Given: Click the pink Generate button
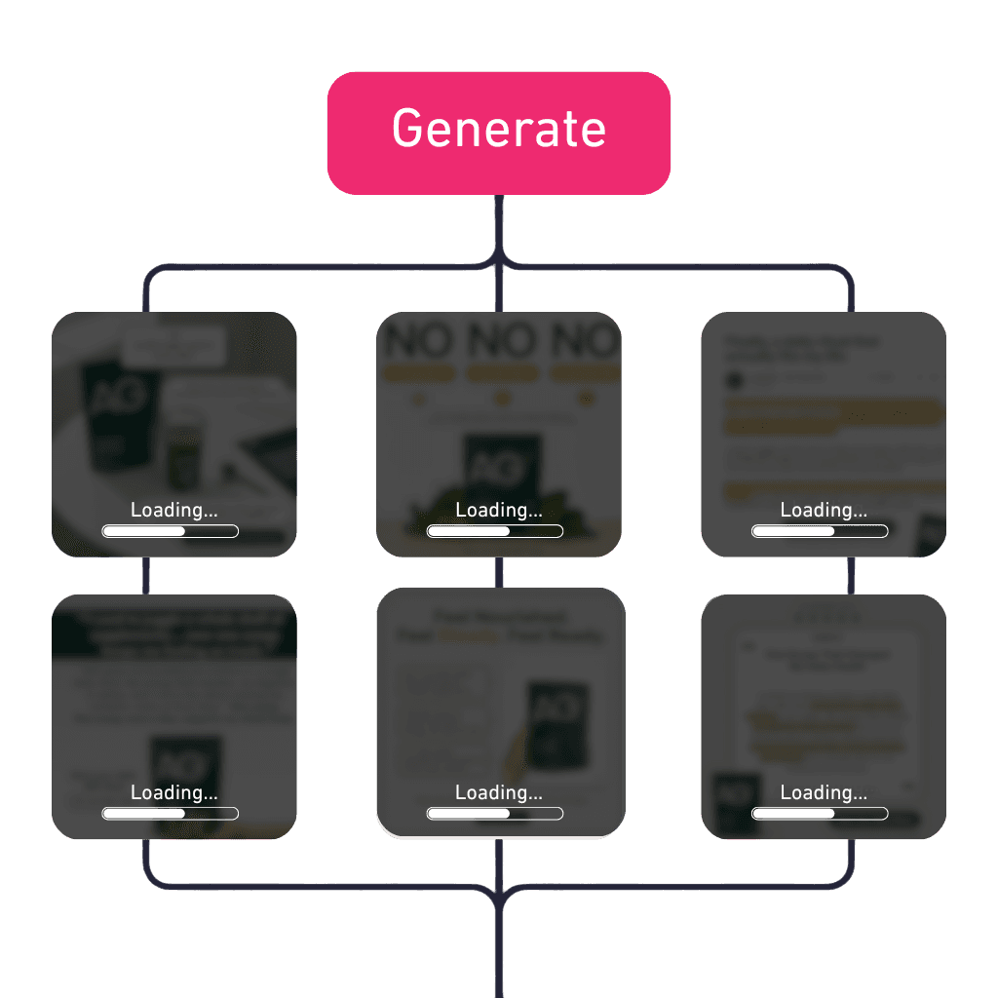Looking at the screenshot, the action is (x=498, y=133).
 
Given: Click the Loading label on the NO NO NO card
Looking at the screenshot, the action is (x=498, y=510).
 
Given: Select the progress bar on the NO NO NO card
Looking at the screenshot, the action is (x=495, y=531).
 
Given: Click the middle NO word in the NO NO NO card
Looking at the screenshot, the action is (x=499, y=340).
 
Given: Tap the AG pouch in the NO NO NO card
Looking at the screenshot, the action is (x=501, y=467).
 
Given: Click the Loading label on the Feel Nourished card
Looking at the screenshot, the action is (x=498, y=792).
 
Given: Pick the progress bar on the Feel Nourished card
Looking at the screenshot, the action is (x=495, y=814).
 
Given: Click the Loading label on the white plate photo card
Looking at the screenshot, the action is (x=173, y=510).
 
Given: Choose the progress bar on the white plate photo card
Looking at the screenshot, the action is (x=171, y=531).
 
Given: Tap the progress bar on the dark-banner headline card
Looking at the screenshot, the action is (x=171, y=814).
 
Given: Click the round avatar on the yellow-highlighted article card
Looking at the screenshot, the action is (x=735, y=379).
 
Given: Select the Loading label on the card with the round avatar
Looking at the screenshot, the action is (x=824, y=510).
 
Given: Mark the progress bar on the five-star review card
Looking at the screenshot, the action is (x=820, y=814).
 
